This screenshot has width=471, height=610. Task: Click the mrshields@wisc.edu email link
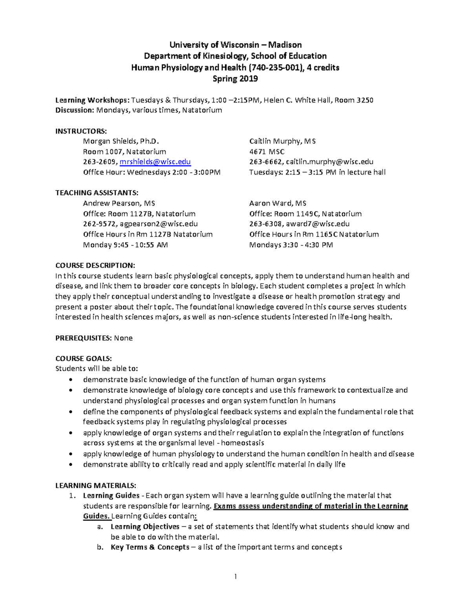[x=155, y=162]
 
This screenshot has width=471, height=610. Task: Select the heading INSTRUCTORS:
[x=81, y=131]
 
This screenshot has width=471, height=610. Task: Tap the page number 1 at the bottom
[x=235, y=577]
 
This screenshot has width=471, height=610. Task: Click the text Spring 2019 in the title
[x=235, y=79]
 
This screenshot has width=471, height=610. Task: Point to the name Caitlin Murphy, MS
[x=282, y=141]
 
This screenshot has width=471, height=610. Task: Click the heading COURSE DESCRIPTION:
[x=95, y=266]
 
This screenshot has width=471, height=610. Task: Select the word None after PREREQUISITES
[x=123, y=338]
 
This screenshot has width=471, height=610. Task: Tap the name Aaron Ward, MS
[x=277, y=203]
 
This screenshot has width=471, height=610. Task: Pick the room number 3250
[x=365, y=100]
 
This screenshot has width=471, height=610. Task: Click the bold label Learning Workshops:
[x=92, y=100]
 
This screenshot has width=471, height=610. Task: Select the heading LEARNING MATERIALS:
[x=96, y=485]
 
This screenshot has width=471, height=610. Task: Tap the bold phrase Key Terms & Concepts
[x=150, y=547]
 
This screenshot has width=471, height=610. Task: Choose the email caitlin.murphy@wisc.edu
[x=330, y=162]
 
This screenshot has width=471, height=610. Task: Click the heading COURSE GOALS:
[x=84, y=359]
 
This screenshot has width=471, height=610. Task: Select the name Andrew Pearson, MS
[x=119, y=203]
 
